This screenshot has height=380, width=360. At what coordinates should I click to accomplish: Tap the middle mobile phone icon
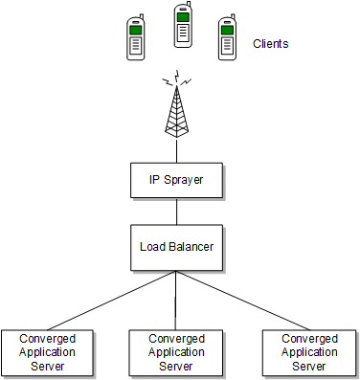[x=182, y=26]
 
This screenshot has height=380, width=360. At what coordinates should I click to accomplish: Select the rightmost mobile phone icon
[x=227, y=38]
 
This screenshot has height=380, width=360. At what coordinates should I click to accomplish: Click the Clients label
[x=270, y=44]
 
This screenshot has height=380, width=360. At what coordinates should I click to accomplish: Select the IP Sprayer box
[x=175, y=179]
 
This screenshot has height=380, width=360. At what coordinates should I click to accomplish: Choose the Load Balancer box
[x=175, y=247]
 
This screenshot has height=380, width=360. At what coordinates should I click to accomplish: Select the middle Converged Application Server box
[x=176, y=351]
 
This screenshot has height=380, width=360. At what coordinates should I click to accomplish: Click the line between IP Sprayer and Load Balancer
[x=175, y=210]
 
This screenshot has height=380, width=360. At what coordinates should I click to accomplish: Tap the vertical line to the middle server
[x=175, y=302]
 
